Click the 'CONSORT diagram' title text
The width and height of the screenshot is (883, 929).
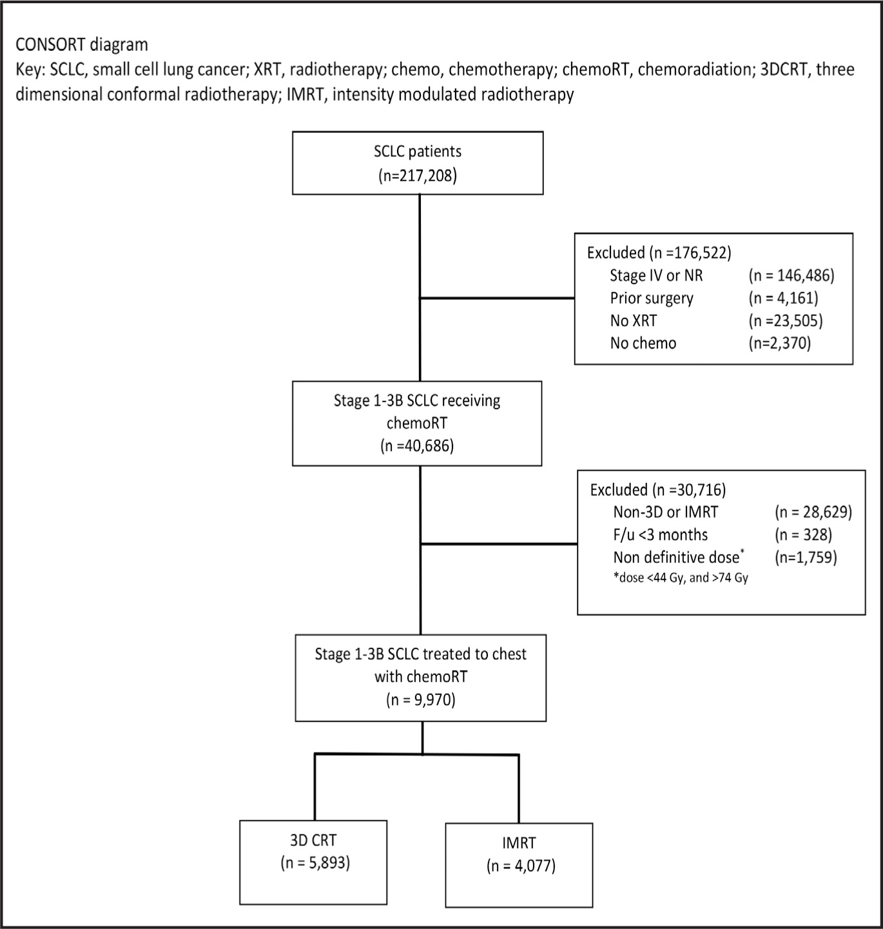tap(82, 45)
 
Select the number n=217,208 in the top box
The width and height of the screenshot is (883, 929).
tap(418, 176)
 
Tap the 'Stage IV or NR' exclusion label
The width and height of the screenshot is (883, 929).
tap(656, 275)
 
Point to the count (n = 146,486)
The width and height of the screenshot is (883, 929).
tap(791, 275)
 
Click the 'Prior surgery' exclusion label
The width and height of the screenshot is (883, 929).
tap(652, 298)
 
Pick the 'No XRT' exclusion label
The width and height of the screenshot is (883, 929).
tap(633, 321)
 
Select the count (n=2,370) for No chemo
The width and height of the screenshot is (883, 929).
tap(779, 343)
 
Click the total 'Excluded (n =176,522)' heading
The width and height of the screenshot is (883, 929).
tap(659, 253)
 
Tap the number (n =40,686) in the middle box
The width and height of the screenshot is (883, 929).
tap(417, 445)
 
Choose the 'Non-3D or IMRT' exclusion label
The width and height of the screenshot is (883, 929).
tap(666, 512)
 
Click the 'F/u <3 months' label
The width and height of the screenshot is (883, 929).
tap(661, 534)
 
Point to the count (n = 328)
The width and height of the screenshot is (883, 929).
tap(803, 534)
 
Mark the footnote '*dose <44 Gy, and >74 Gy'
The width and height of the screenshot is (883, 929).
tap(681, 578)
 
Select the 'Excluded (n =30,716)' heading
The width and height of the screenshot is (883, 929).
tap(658, 490)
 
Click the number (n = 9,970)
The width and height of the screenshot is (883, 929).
tap(420, 699)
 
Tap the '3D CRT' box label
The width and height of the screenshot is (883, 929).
tap(313, 839)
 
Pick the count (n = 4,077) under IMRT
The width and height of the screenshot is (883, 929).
tap(521, 866)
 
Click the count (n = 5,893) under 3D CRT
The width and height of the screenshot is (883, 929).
tap(315, 863)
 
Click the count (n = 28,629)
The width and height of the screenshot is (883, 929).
tap(813, 512)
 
